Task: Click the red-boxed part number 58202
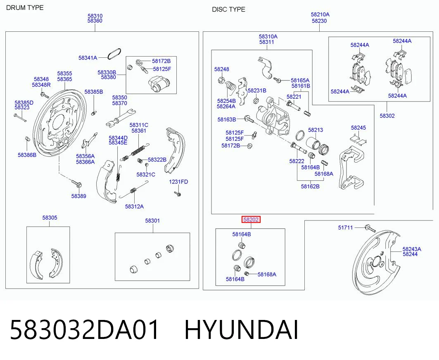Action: [251, 220]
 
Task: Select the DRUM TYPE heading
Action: [25, 8]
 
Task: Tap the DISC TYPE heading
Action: [228, 9]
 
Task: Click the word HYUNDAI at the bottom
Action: [241, 330]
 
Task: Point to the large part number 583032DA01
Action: [85, 330]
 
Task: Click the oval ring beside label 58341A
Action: [114, 54]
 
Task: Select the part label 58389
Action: [78, 196]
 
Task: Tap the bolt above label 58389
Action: [76, 184]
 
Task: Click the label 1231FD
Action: [178, 182]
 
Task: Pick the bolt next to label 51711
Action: [370, 228]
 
